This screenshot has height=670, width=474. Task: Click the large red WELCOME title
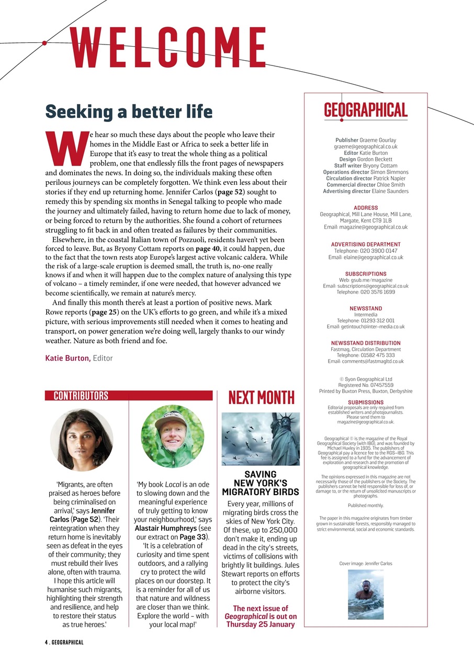[x=167, y=47]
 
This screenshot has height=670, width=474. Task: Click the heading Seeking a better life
[x=129, y=111]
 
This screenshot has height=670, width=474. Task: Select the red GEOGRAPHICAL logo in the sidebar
[x=365, y=110]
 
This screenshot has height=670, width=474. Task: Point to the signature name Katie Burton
[x=68, y=359]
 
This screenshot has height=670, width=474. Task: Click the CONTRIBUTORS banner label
[x=81, y=396]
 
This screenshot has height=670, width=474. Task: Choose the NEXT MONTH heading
[x=261, y=398]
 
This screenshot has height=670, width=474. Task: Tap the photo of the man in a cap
[x=172, y=436]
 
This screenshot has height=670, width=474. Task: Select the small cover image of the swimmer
[x=365, y=594]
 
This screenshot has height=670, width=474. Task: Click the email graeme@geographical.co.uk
[x=366, y=147]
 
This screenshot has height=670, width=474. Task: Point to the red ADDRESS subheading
[x=366, y=208]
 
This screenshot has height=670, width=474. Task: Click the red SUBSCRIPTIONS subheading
[x=366, y=274]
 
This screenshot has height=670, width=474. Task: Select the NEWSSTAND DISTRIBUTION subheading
[x=366, y=343]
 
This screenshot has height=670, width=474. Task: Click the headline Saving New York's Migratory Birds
[x=261, y=483]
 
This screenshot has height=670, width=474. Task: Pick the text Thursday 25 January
[x=261, y=624]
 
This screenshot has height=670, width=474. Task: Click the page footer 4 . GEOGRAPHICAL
[x=64, y=642]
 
